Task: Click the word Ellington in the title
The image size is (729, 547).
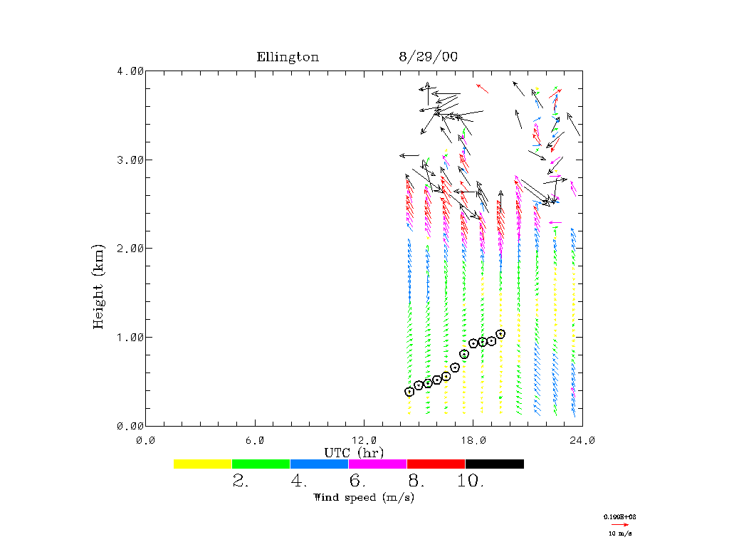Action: pos(288,58)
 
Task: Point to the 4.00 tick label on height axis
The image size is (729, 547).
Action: pos(130,71)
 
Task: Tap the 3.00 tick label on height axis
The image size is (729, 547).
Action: pos(130,160)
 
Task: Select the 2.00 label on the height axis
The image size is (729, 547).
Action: pos(130,249)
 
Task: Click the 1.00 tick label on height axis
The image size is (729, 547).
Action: pos(130,337)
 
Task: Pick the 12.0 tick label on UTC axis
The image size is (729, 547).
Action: pos(364,439)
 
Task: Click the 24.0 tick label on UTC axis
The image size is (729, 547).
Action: pos(582,439)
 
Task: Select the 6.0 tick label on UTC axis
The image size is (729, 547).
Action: pos(254,439)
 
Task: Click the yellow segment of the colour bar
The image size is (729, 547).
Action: pos(202,464)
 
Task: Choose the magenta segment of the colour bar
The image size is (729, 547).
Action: pos(377,464)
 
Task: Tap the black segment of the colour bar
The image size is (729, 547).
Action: pos(494,464)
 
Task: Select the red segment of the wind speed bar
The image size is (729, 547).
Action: pos(436,464)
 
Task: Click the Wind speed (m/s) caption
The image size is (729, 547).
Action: pos(364,497)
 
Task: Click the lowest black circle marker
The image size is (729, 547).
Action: pos(409,392)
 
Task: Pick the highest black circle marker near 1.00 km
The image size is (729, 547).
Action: pos(500,334)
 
